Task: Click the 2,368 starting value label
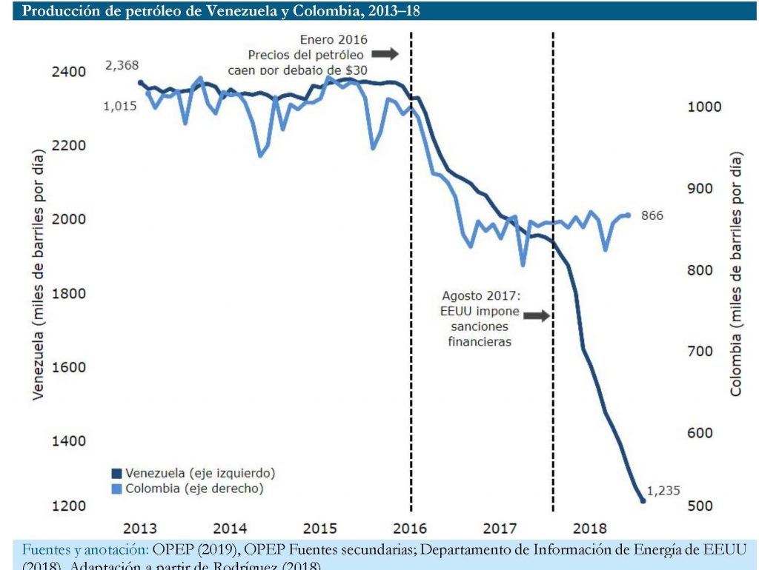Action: point(122,66)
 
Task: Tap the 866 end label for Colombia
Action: point(652,216)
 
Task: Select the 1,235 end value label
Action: point(663,490)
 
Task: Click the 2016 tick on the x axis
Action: point(410,529)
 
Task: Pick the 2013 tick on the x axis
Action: point(139,529)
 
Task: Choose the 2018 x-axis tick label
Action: point(591,529)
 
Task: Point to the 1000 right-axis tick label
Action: point(704,107)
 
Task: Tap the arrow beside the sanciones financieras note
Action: point(536,315)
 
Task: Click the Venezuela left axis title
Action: point(38,274)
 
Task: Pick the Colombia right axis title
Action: point(736,274)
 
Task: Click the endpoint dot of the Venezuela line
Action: point(643,501)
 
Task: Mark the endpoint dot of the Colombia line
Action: point(628,215)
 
